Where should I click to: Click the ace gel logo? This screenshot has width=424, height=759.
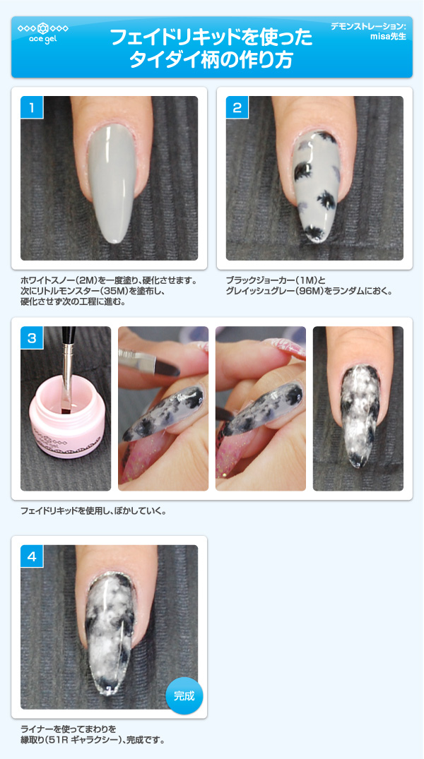(42, 33)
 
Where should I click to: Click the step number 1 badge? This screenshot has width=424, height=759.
(32, 108)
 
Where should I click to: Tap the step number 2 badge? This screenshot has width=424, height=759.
(237, 108)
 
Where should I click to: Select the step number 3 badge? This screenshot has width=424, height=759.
(32, 338)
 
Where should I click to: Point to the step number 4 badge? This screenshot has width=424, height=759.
(32, 556)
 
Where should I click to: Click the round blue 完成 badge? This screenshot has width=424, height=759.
(184, 695)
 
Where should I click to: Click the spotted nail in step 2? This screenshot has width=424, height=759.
(314, 184)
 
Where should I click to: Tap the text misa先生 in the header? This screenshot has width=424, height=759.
(388, 37)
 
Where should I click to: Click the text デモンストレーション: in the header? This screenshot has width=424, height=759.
(368, 26)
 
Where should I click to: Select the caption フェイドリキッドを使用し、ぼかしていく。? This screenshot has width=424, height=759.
(93, 510)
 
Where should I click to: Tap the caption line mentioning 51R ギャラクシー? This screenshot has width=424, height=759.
(93, 741)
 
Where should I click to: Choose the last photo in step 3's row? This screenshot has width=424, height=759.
(358, 408)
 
